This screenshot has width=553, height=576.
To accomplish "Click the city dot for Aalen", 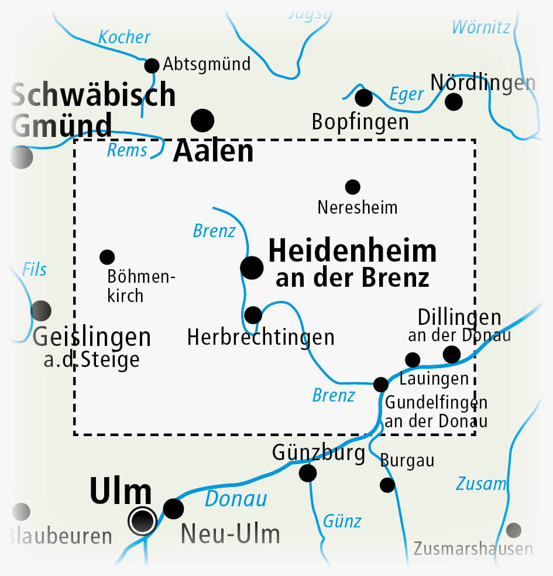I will click(203, 121).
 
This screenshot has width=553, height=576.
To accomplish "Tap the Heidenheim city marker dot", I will click(252, 268).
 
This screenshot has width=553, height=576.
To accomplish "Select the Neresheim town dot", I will click(352, 187).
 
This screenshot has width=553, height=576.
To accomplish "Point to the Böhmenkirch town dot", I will click(107, 256).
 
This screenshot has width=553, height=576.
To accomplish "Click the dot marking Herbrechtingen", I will click(253, 315).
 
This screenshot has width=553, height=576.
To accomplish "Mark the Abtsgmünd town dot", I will click(152, 65).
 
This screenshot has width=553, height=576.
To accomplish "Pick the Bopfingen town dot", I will click(363, 98).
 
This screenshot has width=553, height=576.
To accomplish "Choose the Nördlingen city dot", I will click(454, 102).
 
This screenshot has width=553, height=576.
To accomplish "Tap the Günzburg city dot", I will click(308, 472).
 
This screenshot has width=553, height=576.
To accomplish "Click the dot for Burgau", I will click(387, 485).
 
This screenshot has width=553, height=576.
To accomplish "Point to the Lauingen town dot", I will click(413, 359).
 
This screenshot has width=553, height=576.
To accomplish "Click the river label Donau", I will click(236, 499).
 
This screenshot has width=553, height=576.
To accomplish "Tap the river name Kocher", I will click(124, 37).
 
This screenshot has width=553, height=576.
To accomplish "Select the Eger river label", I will click(406, 94).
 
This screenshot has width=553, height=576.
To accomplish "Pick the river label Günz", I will click(342, 520).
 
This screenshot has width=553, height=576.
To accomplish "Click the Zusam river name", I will click(481, 484).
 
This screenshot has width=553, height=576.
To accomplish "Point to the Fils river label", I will click(35, 269).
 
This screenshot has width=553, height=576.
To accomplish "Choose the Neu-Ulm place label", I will click(230, 534).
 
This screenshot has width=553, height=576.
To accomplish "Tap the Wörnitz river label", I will click(481, 27).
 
